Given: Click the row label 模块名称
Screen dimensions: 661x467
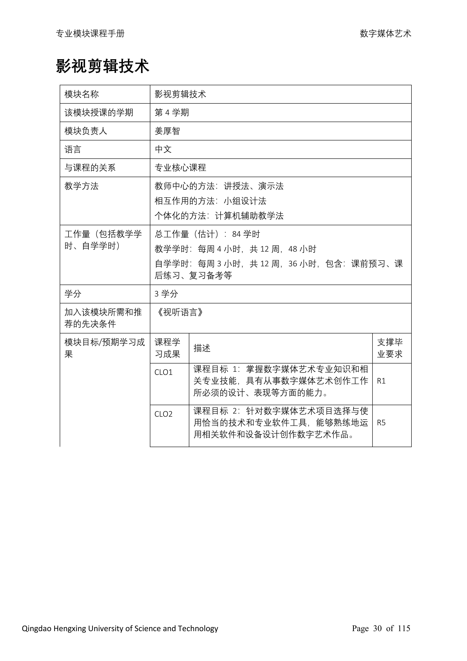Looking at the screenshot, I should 82,94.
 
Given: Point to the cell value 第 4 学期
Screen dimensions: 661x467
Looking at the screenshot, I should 172,113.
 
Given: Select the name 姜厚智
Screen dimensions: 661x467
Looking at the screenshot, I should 167,131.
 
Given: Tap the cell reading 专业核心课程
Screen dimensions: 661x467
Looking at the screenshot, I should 180,168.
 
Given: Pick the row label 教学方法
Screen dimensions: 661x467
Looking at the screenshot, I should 82,186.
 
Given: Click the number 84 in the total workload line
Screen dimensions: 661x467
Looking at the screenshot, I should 236,234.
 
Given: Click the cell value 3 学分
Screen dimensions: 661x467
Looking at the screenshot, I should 166,294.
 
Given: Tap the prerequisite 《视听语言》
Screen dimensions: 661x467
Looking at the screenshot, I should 180,312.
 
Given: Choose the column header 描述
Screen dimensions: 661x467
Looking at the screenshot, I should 202,348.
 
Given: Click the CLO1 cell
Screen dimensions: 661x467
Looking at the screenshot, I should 163,372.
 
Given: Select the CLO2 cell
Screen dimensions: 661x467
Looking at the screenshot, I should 163,414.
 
